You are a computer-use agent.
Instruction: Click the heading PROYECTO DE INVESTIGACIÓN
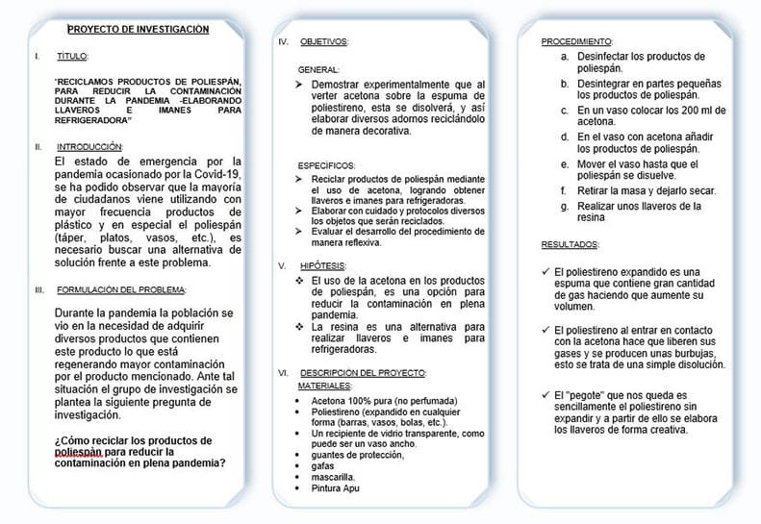(x=138, y=30)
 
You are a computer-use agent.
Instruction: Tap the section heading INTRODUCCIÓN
(x=89, y=146)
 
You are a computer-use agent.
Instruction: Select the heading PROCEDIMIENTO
(x=576, y=42)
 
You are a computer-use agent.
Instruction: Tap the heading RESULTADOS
(x=570, y=245)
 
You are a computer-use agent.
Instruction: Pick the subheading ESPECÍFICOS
(x=326, y=165)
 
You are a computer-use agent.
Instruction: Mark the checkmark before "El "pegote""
(x=545, y=395)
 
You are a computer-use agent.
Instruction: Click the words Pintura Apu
(x=333, y=488)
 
